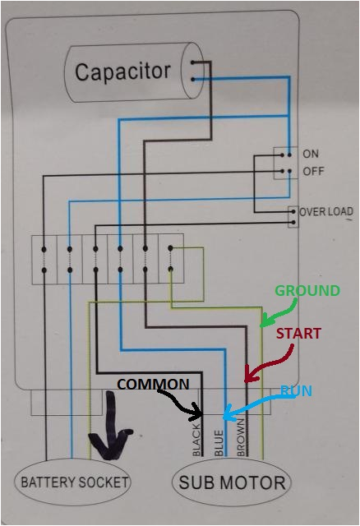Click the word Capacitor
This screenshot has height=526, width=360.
122,72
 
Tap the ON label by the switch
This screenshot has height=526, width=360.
311,154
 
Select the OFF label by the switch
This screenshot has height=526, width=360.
312,171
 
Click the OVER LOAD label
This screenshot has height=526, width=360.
326,211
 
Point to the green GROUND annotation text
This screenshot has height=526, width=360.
307,291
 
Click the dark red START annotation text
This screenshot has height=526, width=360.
298,334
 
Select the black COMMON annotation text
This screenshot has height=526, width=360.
153,385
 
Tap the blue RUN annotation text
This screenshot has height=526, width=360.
296,391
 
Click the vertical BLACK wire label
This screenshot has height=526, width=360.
196,440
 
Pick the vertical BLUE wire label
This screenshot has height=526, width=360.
219,441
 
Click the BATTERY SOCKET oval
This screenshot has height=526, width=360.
75,482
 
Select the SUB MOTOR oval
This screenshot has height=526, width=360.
232,482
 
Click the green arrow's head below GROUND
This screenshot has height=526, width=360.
264,326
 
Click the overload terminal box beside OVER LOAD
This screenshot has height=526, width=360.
292,216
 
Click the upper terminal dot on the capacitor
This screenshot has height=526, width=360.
194,62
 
